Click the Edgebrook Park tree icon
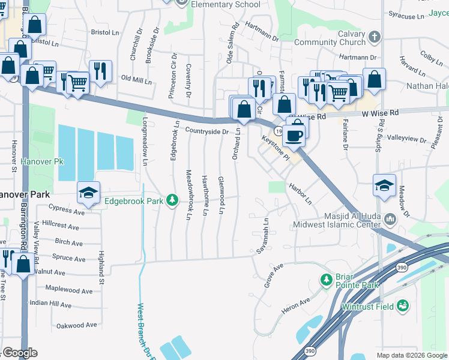pyautogui.click(x=173, y=200)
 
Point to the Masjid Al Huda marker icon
pyautogui.click(x=391, y=219)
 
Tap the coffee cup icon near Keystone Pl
pyautogui.click(x=294, y=134)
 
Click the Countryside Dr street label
pyautogui.click(x=207, y=131)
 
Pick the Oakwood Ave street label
pyautogui.click(x=76, y=325)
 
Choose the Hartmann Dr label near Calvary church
pyautogui.click(x=357, y=58)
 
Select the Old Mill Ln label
pyautogui.click(x=136, y=79)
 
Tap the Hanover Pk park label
pyautogui.click(x=41, y=161)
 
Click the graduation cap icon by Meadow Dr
pyautogui.click(x=384, y=185)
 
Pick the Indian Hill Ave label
pyautogui.click(x=50, y=304)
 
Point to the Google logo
pyautogui.click(x=21, y=353)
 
